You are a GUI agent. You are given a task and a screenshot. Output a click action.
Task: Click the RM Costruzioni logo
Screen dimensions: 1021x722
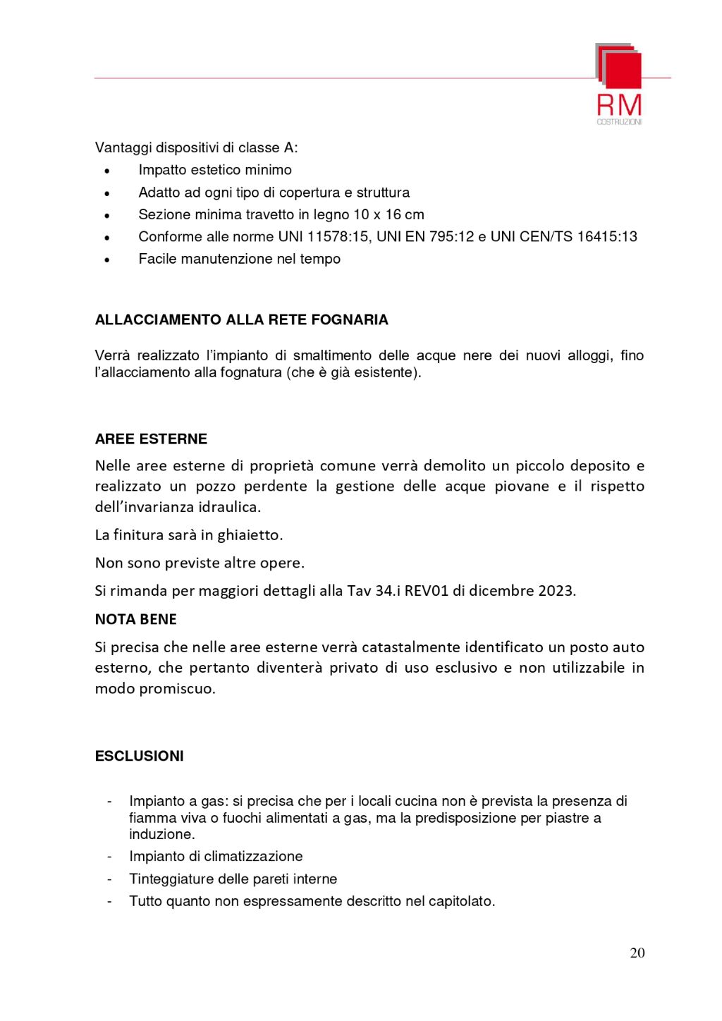pyautogui.click(x=619, y=83)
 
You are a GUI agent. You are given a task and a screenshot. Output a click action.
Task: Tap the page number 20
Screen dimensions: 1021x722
pyautogui.click(x=637, y=953)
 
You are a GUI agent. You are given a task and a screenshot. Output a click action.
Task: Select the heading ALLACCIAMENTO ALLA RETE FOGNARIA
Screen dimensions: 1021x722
pyautogui.click(x=241, y=320)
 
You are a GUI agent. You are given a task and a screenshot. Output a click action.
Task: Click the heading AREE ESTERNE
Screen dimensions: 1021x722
pyautogui.click(x=151, y=439)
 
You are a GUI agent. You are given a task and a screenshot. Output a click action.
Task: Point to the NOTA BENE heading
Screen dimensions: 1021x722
pyautogui.click(x=135, y=619)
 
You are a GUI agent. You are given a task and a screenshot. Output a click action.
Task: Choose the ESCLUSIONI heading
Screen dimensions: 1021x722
pyautogui.click(x=139, y=756)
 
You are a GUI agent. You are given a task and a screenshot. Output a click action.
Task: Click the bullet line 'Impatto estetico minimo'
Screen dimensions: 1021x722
pyautogui.click(x=214, y=170)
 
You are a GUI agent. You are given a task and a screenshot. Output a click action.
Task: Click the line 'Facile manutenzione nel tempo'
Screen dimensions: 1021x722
pyautogui.click(x=239, y=259)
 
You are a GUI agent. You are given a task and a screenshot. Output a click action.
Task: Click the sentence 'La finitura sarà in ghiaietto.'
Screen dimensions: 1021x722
pyautogui.click(x=188, y=535)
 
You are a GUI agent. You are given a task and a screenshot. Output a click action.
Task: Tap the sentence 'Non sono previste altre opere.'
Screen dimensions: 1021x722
pyautogui.click(x=200, y=563)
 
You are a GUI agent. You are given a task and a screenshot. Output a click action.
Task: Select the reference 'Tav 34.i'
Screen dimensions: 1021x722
pyautogui.click(x=374, y=591)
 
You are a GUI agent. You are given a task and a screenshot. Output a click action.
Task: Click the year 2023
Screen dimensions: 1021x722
pyautogui.click(x=556, y=591)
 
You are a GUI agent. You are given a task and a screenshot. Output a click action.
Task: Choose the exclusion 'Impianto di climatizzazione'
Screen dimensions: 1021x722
pyautogui.click(x=216, y=857)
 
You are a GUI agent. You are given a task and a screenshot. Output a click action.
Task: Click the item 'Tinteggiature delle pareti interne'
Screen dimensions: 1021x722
pyautogui.click(x=233, y=879)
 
